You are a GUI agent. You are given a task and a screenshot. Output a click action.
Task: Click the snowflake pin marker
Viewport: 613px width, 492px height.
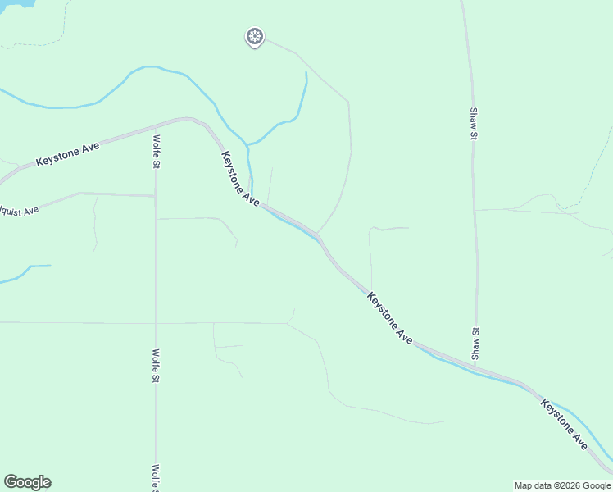point(255,36)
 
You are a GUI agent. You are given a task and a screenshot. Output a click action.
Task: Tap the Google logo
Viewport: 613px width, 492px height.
point(27,482)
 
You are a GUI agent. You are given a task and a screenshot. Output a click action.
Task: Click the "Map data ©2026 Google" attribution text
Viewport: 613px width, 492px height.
point(563,485)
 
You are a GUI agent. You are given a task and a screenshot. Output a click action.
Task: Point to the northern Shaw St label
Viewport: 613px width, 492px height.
point(474,123)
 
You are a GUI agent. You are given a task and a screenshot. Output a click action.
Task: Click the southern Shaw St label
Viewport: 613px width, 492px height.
point(475,343)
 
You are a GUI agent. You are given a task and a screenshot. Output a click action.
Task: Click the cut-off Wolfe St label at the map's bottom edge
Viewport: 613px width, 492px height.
point(156,478)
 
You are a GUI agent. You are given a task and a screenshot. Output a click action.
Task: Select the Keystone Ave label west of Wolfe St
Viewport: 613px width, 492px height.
point(68,154)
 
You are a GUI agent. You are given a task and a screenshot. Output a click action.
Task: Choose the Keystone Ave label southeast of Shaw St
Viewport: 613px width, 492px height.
point(564,424)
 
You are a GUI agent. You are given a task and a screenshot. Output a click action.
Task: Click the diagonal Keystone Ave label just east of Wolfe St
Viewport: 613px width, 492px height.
point(240,178)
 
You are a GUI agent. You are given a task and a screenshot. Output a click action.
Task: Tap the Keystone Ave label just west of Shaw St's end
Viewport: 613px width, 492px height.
point(389,316)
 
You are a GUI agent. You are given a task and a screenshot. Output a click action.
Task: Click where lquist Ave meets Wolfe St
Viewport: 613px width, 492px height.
point(155,196)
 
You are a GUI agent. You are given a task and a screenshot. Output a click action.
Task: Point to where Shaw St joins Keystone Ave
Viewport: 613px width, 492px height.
point(477,366)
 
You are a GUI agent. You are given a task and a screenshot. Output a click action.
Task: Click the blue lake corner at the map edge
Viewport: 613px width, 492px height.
point(16,3)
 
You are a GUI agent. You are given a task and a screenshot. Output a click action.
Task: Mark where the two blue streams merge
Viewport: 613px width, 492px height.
point(247,145)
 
